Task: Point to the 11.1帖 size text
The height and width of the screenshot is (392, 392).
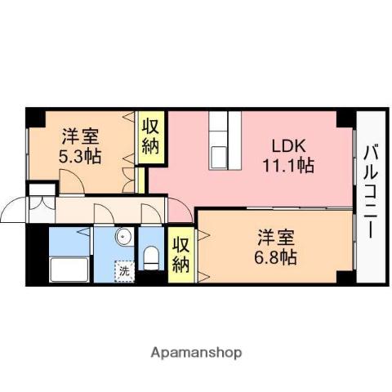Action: pos(288,166)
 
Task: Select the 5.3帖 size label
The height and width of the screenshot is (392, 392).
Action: pos(80,155)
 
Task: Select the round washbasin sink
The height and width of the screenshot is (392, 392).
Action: pos(122,238)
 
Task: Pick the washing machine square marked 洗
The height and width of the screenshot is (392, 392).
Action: pos(123,270)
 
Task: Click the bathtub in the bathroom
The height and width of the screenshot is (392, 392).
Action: pos(70,269)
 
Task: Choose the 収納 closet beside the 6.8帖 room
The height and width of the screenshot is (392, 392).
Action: pos(181,254)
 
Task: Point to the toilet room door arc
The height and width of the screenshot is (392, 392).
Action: pos(151,212)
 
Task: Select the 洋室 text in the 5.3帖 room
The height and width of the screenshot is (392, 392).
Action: pos(80,136)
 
